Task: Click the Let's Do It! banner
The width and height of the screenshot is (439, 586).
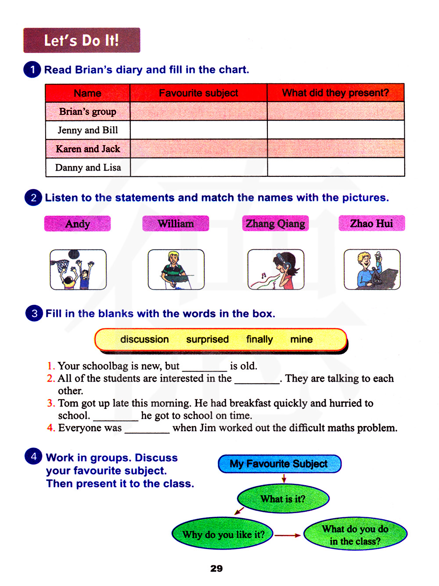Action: coord(82,40)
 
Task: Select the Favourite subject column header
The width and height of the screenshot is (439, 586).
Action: coord(198,93)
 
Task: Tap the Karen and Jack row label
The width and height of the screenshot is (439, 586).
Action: coord(88,149)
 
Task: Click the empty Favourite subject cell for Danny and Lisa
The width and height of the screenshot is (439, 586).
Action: coord(198,167)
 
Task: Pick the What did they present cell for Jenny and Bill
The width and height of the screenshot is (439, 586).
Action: coord(336,130)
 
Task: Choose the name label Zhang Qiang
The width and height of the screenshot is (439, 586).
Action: coord(275,223)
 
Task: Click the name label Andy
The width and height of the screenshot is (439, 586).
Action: coord(78,224)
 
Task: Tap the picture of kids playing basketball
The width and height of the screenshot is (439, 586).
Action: coord(78,269)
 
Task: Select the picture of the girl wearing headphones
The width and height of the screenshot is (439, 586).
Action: coord(276,269)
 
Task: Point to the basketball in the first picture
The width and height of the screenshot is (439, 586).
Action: coord(74,254)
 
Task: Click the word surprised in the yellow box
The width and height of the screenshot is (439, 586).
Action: coord(207,339)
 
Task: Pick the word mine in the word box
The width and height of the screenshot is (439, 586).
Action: coord(301,339)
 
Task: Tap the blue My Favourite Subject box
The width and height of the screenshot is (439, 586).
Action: coord(279,464)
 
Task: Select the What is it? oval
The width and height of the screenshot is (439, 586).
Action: coord(283,499)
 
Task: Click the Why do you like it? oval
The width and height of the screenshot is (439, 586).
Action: coord(223,534)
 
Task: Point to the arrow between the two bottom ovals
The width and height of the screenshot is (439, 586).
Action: coord(288,535)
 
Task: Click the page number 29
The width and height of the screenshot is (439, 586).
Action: coord(216,568)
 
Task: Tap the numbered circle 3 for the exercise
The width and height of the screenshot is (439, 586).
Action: coord(34,313)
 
